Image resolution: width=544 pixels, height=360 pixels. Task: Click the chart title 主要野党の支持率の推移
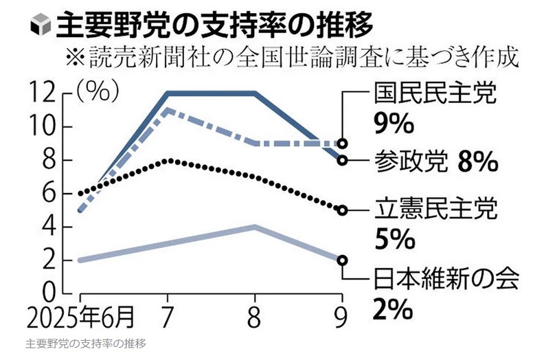tap(216, 25)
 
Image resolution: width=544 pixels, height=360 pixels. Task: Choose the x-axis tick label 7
tap(168, 317)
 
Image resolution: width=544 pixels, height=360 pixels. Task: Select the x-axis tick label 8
tap(255, 317)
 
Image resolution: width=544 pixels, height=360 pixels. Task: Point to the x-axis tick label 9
tap(341, 317)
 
